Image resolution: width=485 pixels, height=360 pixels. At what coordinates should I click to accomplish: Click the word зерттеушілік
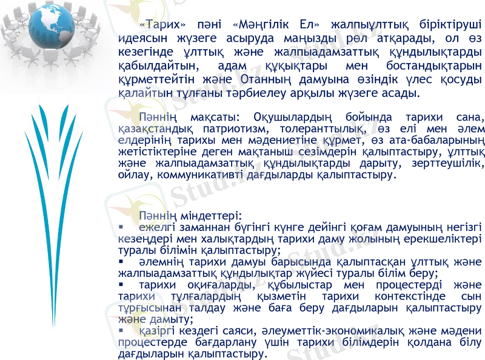pyautogui.click(x=449, y=164)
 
